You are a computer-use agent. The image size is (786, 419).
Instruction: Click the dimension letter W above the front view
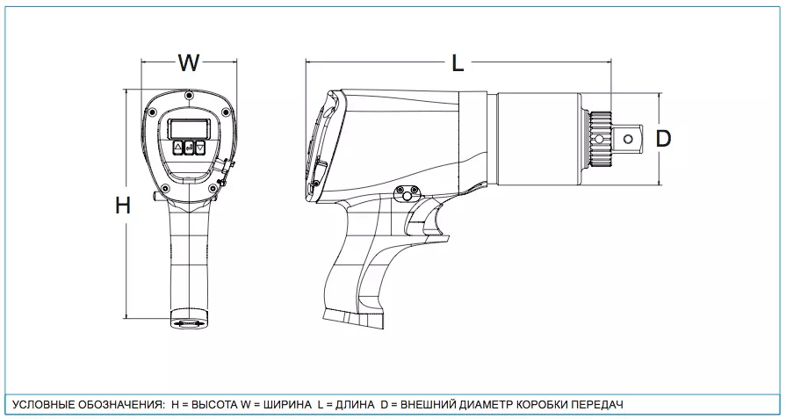[189, 63]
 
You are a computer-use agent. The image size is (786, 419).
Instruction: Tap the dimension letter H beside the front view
[123, 206]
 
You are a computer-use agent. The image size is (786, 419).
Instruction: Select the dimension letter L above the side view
[457, 63]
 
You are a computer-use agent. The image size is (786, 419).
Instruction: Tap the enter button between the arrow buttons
[189, 148]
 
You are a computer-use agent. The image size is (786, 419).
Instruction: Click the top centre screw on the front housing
[189, 95]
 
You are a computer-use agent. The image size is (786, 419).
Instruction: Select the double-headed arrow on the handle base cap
[190, 324]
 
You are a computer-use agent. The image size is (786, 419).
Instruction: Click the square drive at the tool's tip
[630, 138]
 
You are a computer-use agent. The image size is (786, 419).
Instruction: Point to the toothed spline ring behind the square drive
[600, 138]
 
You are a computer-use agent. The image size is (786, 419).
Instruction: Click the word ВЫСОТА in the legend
[210, 405]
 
